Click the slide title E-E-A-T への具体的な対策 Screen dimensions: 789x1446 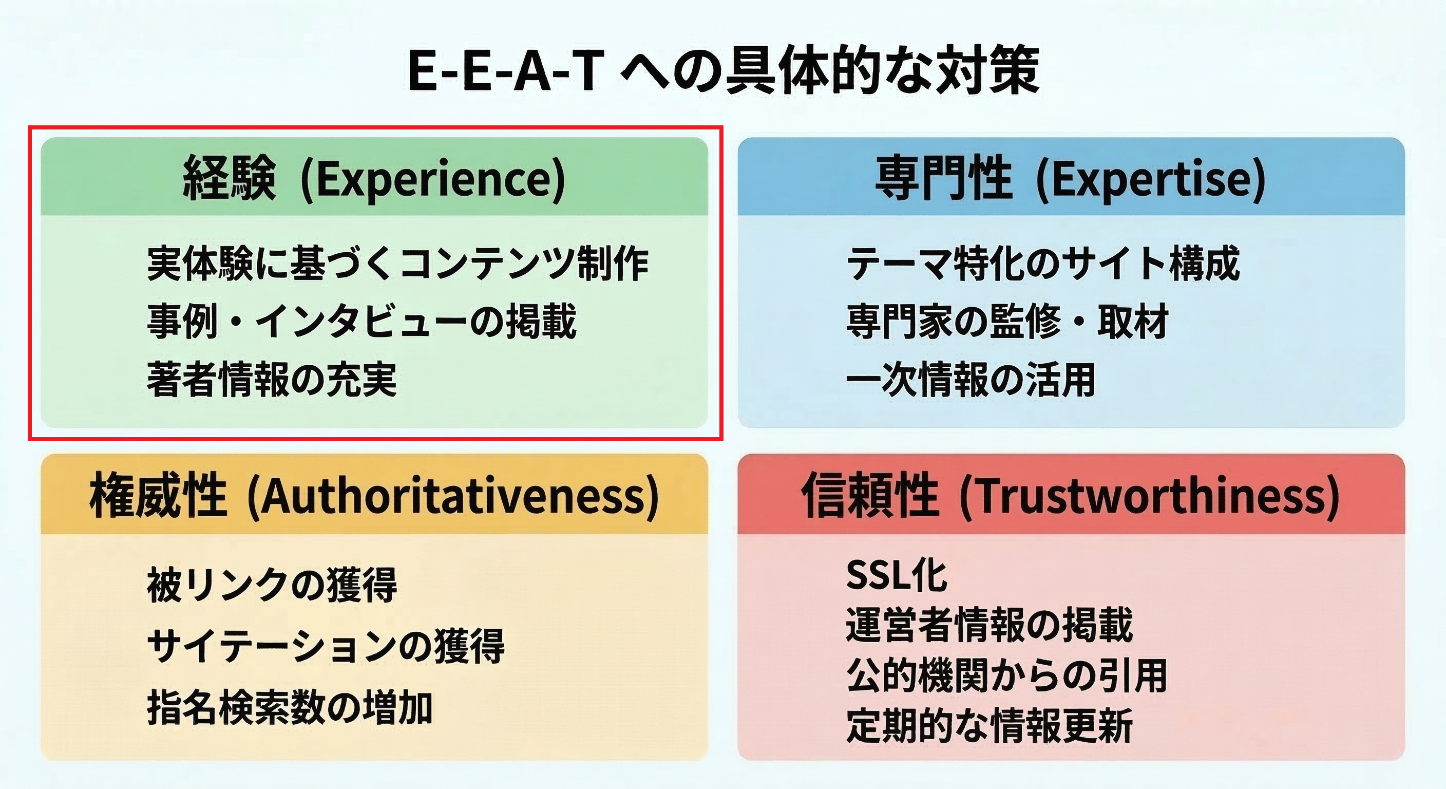[723, 72]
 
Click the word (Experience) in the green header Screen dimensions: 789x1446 [433, 179]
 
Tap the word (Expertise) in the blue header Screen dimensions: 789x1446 [1150, 179]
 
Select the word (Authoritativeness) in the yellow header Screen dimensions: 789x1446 [452, 496]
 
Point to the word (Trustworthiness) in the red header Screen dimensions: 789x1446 [1150, 496]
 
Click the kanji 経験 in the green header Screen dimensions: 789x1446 [230, 179]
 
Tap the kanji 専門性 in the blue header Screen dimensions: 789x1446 [944, 179]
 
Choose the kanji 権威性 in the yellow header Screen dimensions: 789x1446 [158, 496]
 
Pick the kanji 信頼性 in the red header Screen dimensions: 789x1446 [869, 496]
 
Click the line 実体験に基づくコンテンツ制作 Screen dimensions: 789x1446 [397, 264]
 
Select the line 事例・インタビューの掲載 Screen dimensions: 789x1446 [362, 321]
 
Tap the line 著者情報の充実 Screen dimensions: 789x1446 [272, 380]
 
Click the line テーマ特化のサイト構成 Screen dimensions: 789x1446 [1043, 264]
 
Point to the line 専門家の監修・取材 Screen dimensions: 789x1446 [1007, 321]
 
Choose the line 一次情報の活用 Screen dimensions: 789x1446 [971, 380]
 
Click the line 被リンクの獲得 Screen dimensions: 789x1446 [272, 585]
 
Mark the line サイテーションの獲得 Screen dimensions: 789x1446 [326, 646]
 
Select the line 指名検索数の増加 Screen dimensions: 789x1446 [290, 707]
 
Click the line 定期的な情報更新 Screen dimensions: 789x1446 [989, 726]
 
